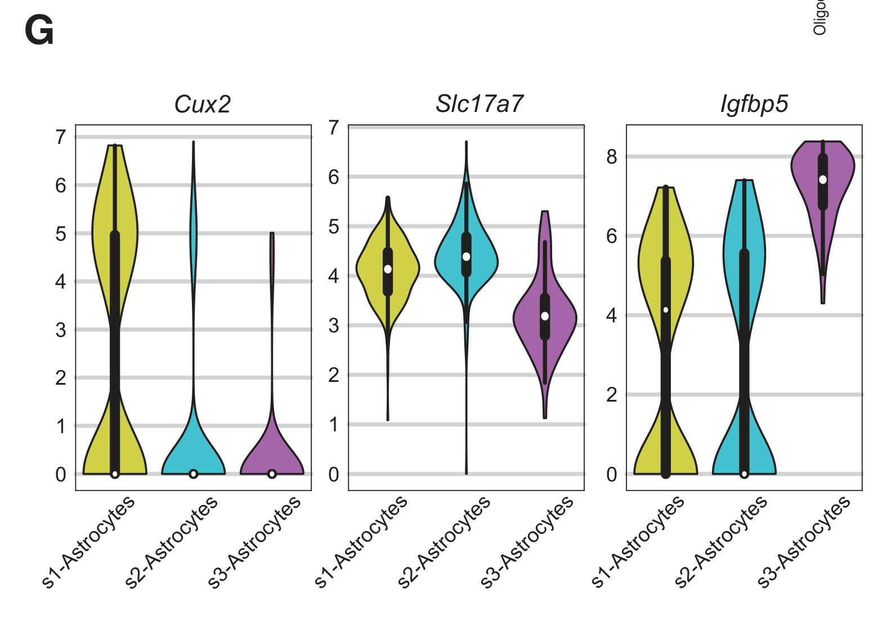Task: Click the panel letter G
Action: point(39,31)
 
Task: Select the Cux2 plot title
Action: point(203,105)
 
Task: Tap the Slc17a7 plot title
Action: point(480,105)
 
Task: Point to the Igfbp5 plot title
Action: point(754,105)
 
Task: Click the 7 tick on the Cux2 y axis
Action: point(61,137)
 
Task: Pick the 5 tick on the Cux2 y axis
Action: point(61,233)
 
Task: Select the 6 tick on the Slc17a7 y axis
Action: point(334,177)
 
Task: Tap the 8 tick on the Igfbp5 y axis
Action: point(612,157)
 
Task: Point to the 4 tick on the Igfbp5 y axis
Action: point(612,316)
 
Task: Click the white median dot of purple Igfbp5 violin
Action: point(823,179)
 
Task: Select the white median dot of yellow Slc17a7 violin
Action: point(388,269)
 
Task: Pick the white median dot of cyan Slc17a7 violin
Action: point(466,256)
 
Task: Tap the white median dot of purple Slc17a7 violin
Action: point(545,316)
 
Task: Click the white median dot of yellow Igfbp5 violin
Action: point(666,310)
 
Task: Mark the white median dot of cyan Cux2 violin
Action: point(194,474)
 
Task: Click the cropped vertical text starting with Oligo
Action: point(820,17)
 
